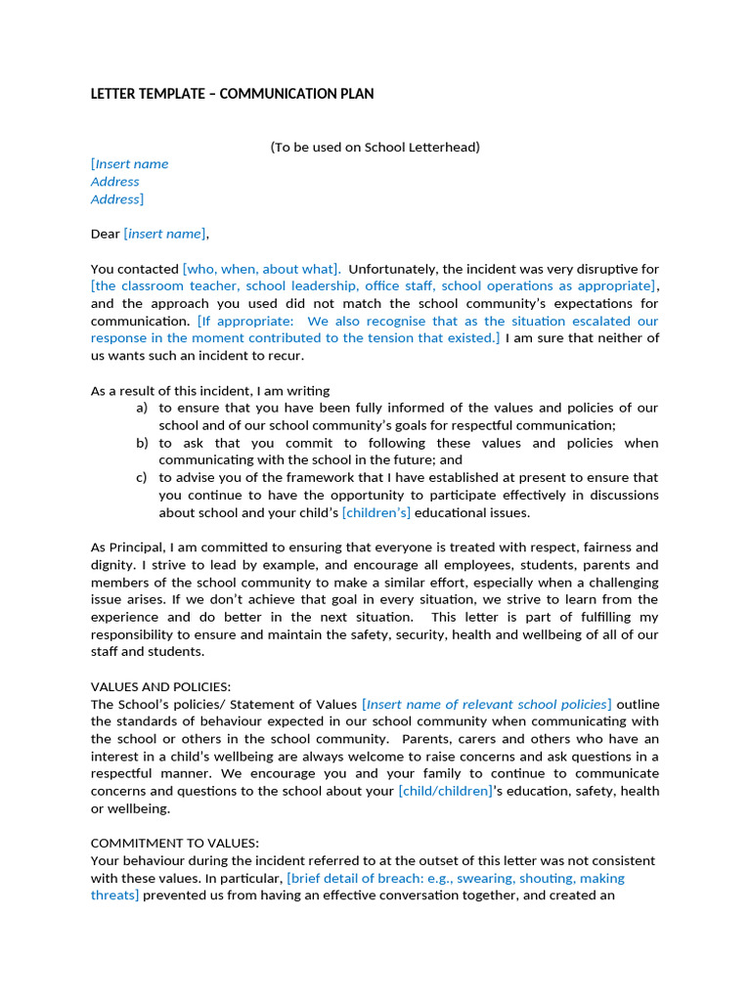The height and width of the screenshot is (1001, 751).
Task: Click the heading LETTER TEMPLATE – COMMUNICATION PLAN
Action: point(232,94)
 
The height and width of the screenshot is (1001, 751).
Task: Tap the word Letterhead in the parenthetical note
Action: point(447,148)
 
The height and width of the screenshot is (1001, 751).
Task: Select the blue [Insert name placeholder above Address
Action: point(130,164)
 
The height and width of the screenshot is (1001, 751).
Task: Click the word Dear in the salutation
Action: point(105,234)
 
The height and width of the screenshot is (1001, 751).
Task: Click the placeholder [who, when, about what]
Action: point(261,269)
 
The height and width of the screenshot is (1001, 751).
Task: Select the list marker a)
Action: point(143,409)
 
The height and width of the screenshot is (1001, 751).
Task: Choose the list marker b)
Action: point(143,444)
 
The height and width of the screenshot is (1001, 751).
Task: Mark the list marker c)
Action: point(143,478)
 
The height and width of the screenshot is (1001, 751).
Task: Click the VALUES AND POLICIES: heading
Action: point(160,687)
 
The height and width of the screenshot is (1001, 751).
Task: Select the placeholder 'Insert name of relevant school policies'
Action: point(487,705)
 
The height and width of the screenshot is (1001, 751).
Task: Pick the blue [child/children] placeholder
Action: point(445,792)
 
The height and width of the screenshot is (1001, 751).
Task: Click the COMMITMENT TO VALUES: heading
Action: point(175,844)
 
